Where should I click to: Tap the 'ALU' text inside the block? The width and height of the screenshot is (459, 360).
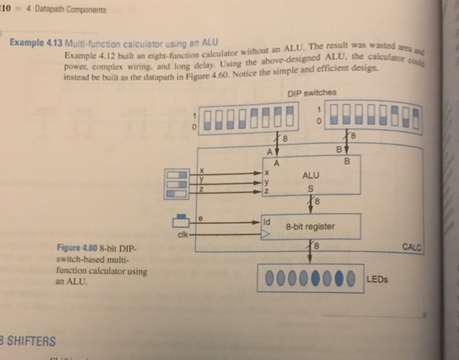(311, 174)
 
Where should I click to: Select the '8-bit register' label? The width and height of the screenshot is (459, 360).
(310, 227)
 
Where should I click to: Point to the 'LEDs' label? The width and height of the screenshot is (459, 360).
(377, 280)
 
